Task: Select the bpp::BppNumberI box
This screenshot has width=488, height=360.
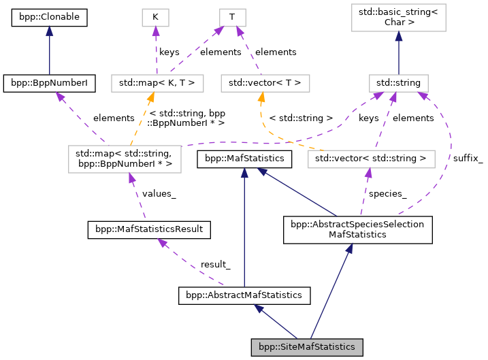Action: [x=49, y=84]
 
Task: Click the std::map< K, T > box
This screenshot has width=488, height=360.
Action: [x=157, y=84]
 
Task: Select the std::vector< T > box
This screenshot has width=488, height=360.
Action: [x=265, y=84]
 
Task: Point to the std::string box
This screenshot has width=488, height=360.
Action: [x=398, y=84]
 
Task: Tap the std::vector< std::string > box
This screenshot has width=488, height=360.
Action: [x=370, y=160]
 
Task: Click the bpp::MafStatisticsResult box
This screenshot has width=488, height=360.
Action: [x=149, y=230]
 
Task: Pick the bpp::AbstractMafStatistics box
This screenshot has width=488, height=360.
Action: [x=244, y=296]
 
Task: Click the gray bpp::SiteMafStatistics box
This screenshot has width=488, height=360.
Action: [x=306, y=347]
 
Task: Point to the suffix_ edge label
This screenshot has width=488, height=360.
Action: [x=468, y=159]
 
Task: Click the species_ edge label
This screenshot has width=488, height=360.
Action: [x=387, y=193]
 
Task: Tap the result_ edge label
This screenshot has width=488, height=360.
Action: [x=215, y=264]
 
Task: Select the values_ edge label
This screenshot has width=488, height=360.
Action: [x=159, y=193]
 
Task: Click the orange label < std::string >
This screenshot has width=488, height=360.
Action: [x=300, y=118]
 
